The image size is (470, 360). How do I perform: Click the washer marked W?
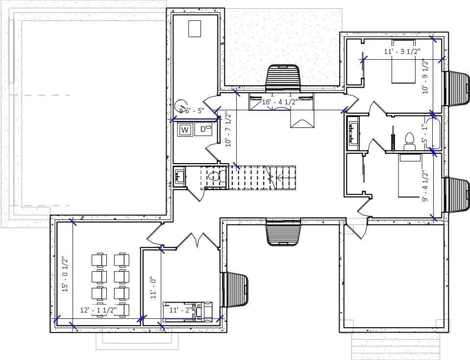[x=185, y=130]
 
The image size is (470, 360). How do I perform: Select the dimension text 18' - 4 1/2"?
[x=280, y=102]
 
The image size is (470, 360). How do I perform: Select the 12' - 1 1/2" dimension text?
[x=98, y=311]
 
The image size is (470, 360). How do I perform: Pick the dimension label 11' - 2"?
[x=180, y=310]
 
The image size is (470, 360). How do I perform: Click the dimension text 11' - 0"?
[x=153, y=287]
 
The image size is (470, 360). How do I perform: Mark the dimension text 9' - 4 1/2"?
[x=425, y=186]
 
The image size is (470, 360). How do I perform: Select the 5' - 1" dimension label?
[x=425, y=133]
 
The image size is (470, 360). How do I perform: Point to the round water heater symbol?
[x=180, y=105]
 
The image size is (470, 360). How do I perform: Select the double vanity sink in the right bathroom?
[x=353, y=132]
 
